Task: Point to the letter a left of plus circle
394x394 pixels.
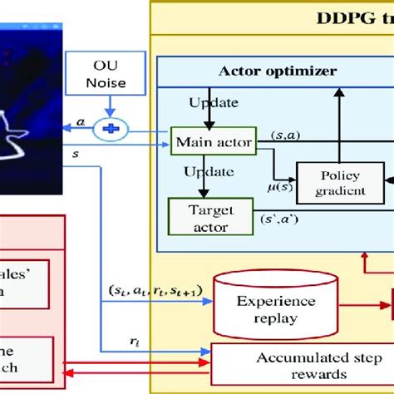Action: point(81,122)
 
